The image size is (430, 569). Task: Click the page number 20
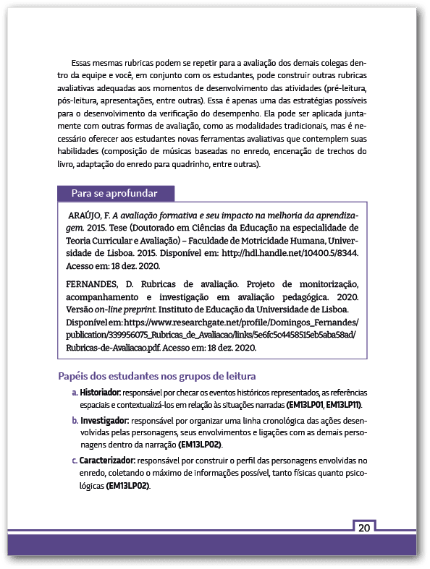tap(363, 527)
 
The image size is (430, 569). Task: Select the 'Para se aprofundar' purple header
tap(117, 193)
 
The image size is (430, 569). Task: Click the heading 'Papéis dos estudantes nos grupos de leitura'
tap(157, 376)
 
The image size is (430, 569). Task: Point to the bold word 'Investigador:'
tap(104, 420)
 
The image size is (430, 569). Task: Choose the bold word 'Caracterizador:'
tap(108, 460)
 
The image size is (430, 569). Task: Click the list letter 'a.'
tap(75, 393)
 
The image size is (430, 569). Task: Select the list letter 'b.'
tap(75, 420)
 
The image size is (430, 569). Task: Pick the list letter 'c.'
tap(75, 460)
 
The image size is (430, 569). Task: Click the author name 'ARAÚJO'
tap(88, 215)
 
